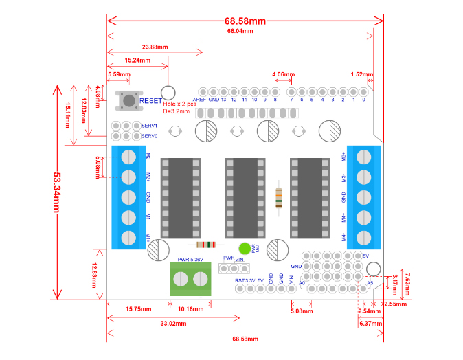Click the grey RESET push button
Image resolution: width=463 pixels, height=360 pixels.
(128, 100)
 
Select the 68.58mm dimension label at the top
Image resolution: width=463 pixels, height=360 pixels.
(245, 21)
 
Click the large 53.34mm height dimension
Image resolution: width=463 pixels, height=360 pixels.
(58, 192)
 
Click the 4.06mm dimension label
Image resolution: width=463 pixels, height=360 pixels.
(284, 74)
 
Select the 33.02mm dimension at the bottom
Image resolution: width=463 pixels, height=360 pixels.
(174, 322)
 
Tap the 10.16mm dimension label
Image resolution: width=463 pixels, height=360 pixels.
(190, 309)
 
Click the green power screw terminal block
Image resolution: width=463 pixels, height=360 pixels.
(191, 279)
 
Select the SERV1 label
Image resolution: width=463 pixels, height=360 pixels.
(150, 126)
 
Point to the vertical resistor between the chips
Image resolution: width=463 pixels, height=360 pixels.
(278, 198)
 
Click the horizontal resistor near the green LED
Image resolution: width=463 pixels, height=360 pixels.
(206, 245)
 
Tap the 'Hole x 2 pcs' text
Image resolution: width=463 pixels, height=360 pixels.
(181, 104)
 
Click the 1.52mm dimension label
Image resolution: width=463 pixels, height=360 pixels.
(362, 74)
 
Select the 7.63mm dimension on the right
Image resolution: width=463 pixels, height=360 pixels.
(407, 282)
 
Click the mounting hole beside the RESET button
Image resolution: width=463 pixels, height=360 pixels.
(168, 93)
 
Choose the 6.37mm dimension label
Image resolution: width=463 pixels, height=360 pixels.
(370, 323)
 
